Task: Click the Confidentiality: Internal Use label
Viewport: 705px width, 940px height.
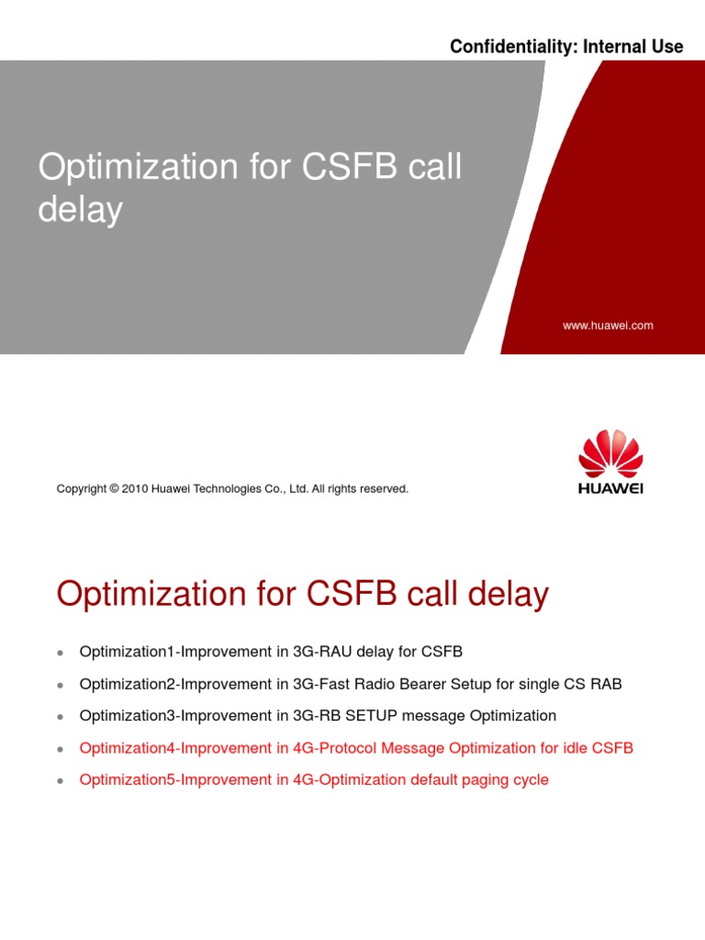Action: pyautogui.click(x=566, y=47)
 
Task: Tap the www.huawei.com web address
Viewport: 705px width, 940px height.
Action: pyautogui.click(x=608, y=325)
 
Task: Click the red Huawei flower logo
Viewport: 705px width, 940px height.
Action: pyautogui.click(x=610, y=453)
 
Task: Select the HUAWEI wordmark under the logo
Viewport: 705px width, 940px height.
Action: pyautogui.click(x=610, y=489)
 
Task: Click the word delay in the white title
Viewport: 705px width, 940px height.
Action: pyautogui.click(x=80, y=209)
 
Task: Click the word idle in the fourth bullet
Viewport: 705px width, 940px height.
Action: pyautogui.click(x=576, y=748)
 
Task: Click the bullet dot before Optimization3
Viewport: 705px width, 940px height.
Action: pyautogui.click(x=61, y=717)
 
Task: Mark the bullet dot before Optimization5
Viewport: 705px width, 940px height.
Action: pyautogui.click(x=61, y=781)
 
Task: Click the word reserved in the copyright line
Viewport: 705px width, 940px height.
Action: pyautogui.click(x=385, y=489)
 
